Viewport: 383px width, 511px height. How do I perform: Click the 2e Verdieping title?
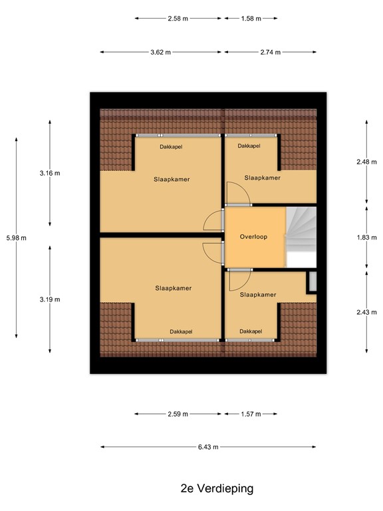click(217, 488)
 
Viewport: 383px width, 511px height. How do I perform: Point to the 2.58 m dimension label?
click(178, 19)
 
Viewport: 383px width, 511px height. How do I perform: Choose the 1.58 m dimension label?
click(251, 19)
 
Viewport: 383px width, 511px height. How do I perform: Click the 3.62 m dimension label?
click(160, 52)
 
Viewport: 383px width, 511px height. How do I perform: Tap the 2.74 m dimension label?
click(270, 52)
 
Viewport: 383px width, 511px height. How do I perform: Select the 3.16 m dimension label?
click(50, 173)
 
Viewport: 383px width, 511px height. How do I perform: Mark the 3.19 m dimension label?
click(50, 299)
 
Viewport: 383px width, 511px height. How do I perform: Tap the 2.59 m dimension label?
click(178, 414)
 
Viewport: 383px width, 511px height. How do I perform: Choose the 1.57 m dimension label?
click(251, 414)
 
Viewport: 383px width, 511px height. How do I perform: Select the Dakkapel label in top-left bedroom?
click(171, 146)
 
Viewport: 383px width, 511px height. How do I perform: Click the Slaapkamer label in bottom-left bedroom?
click(173, 288)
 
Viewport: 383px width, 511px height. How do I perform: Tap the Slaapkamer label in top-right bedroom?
click(262, 178)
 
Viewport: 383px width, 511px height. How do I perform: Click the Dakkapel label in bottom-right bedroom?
click(251, 331)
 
